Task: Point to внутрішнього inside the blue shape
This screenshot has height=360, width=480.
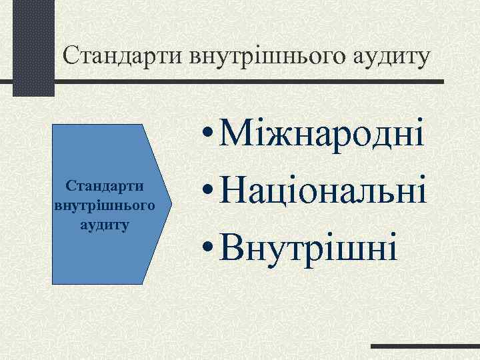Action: pyautogui.click(x=105, y=205)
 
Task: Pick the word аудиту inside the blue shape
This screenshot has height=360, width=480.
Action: pyautogui.click(x=105, y=224)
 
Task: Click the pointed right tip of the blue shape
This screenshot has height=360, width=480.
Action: pyautogui.click(x=171, y=204)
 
